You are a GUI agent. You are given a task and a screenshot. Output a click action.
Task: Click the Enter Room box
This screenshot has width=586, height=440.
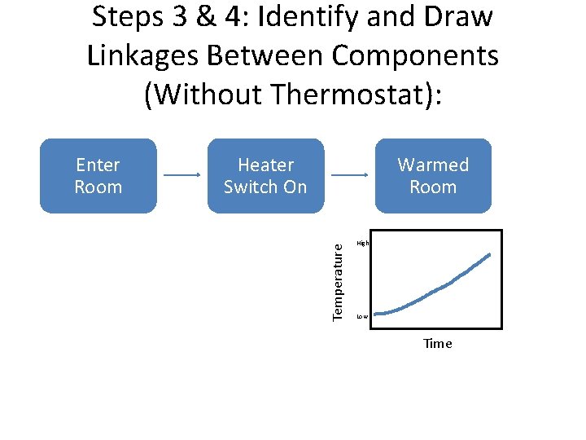[x=98, y=176]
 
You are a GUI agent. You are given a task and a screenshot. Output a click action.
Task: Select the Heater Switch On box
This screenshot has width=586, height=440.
[x=265, y=176]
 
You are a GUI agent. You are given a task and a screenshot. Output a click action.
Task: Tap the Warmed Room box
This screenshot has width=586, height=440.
[x=433, y=176]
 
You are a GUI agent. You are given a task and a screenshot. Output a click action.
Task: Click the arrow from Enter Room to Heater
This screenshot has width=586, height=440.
[x=182, y=175]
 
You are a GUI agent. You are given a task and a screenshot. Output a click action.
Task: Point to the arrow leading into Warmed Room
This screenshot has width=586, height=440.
[x=350, y=175]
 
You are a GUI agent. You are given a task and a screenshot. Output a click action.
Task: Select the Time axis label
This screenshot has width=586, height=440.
[x=437, y=344]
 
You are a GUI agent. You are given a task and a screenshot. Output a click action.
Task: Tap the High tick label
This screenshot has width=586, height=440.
[x=363, y=243]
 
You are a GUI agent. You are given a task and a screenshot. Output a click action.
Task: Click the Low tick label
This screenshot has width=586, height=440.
[x=362, y=316]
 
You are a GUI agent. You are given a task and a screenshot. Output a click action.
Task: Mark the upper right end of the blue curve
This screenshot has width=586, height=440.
[x=489, y=255]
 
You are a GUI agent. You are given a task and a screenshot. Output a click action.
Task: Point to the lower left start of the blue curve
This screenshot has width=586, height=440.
[x=377, y=313]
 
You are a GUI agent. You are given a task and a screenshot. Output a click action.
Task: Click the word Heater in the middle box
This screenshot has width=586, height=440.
[x=265, y=165]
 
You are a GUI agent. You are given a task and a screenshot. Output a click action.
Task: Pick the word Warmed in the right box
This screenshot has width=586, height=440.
[x=433, y=165]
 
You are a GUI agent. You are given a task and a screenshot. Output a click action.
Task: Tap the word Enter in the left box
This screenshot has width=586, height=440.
[x=98, y=165]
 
